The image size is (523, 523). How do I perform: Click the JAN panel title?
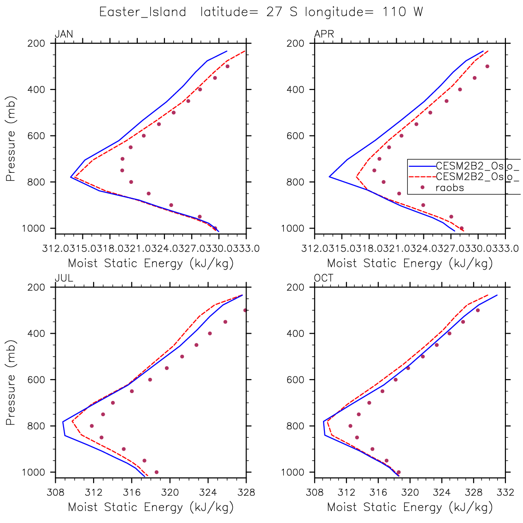click(64, 34)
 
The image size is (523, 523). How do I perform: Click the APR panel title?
click(324, 34)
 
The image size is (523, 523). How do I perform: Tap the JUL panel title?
click(64, 278)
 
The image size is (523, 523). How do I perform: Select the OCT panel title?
click(323, 278)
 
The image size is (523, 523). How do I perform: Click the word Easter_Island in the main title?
click(143, 12)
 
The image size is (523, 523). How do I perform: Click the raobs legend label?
click(450, 188)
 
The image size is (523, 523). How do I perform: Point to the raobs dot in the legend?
click(422, 187)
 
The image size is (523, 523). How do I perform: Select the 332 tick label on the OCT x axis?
click(505, 492)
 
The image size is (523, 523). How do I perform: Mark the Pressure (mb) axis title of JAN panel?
click(11, 138)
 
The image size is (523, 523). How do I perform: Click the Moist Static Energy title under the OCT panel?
click(410, 507)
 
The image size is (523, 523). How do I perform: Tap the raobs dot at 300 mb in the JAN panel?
click(227, 66)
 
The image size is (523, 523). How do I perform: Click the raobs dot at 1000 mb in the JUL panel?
click(157, 472)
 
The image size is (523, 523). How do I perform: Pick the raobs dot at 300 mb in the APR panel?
click(487, 66)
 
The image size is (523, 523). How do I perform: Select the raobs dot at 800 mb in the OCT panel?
click(350, 426)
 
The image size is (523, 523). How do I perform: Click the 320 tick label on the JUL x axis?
click(170, 492)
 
